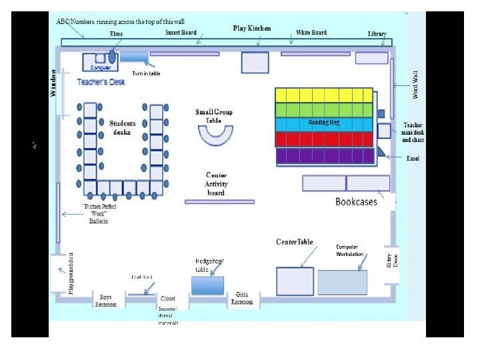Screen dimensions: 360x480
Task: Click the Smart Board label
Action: coord(180,32)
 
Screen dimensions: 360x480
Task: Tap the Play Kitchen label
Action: coord(252,29)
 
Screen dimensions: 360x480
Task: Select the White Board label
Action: coord(311,32)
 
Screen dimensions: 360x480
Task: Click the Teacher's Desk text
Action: coord(101,82)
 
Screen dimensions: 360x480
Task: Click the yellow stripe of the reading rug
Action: coord(324,95)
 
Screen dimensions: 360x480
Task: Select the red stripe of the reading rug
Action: coord(324,139)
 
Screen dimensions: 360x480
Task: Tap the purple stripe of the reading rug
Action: coord(324,156)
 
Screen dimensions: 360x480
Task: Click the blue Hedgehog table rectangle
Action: coord(207,285)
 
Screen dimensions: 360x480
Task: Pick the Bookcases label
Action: coord(355,201)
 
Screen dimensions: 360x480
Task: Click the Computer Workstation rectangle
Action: coord(342,282)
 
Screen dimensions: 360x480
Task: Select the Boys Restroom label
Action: coord(105,301)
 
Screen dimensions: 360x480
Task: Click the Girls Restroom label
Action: coord(241,299)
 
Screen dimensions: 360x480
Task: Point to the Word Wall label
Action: coord(415,85)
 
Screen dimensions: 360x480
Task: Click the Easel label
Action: coord(413,159)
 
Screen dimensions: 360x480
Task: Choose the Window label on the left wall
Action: coord(54,83)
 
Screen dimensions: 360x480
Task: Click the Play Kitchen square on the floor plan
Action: coord(255,62)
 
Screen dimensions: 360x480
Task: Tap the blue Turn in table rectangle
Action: coord(134,57)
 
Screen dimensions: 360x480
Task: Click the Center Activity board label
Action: coord(216,184)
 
